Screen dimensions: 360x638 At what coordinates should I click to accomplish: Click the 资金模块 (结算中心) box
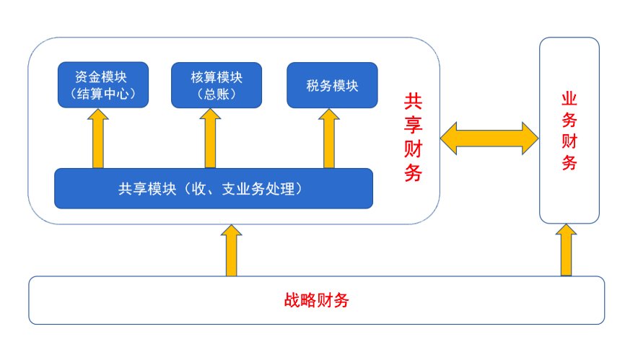click(x=102, y=84)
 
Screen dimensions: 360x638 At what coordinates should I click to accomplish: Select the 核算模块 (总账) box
click(x=217, y=84)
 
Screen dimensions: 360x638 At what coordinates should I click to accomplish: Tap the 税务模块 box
click(x=332, y=84)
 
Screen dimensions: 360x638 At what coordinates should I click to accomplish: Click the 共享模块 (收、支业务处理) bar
click(x=214, y=189)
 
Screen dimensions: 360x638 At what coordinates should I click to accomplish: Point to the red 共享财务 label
click(x=413, y=137)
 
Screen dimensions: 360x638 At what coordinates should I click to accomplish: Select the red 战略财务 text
click(x=316, y=300)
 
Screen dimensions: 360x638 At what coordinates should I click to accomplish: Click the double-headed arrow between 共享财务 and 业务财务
click(x=490, y=137)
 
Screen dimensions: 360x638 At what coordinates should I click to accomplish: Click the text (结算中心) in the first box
click(x=102, y=93)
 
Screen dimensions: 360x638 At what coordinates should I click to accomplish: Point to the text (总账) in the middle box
click(x=217, y=93)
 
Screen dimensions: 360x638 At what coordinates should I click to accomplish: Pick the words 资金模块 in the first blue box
click(x=102, y=76)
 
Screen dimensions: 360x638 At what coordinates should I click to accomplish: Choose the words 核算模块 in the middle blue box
click(x=217, y=76)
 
